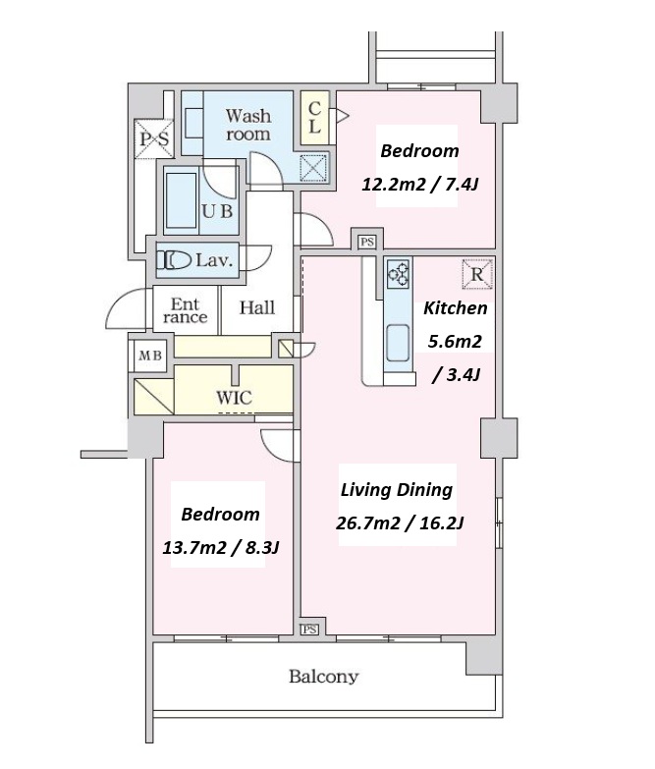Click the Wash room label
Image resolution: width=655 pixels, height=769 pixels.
(x=248, y=125)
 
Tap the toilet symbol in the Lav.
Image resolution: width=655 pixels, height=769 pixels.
(x=174, y=260)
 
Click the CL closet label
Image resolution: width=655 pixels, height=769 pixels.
(x=315, y=118)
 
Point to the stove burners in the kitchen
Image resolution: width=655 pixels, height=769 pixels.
(x=398, y=274)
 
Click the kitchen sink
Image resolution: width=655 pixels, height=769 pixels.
(x=398, y=343)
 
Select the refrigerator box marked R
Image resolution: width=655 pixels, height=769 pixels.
(x=476, y=274)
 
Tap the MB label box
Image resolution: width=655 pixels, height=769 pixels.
(x=150, y=356)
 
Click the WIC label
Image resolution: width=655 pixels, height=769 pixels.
(x=234, y=397)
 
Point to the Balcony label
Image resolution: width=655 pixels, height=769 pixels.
(x=324, y=677)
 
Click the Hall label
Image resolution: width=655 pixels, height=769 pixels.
(x=257, y=308)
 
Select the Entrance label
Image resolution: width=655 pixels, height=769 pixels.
(x=185, y=311)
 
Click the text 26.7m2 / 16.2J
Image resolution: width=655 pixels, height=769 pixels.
(x=399, y=523)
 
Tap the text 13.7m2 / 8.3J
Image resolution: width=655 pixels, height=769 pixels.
(x=221, y=547)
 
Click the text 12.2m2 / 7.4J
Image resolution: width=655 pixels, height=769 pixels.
(x=419, y=185)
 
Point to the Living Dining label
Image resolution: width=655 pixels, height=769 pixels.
(x=397, y=490)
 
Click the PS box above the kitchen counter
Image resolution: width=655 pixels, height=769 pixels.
(x=366, y=242)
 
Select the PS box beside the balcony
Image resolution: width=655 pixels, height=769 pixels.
(x=309, y=630)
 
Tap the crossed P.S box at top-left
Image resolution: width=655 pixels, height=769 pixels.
(x=154, y=138)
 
